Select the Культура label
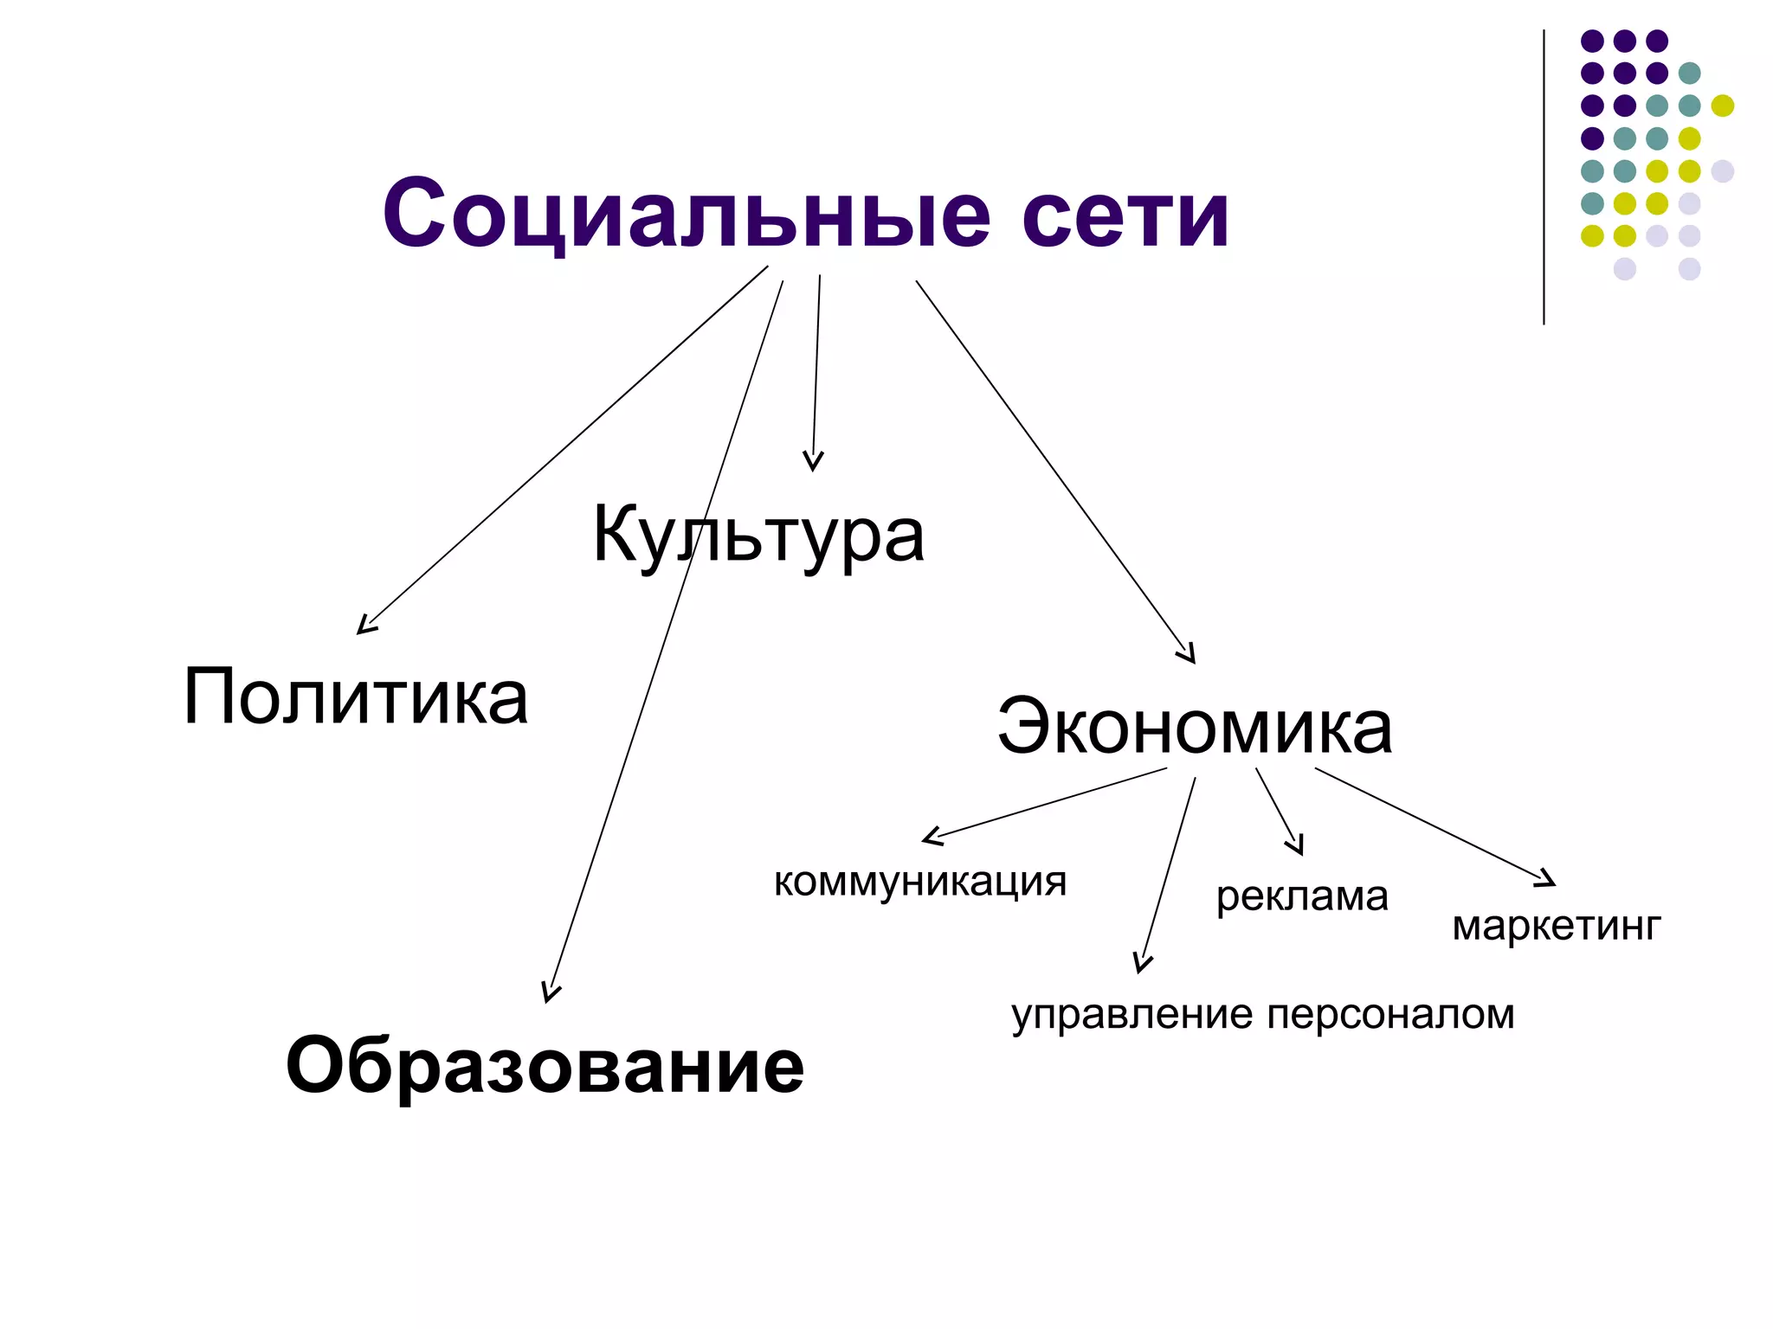[x=758, y=536]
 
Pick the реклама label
[x=1302, y=896]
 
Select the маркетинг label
[x=1557, y=927]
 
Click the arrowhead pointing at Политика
[x=364, y=628]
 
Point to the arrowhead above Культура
[x=813, y=463]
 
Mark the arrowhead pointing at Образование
[x=549, y=994]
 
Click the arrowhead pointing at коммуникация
[x=930, y=838]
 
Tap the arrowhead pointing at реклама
[x=1297, y=847]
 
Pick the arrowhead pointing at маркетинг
[x=1547, y=881]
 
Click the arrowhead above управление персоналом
[x=1142, y=964]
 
